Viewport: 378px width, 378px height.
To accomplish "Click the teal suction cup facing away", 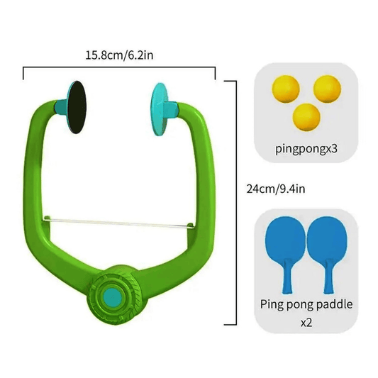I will (x=160, y=104).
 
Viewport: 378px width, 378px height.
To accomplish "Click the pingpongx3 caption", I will (x=305, y=149).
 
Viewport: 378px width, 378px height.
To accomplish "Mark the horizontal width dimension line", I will (x=119, y=69).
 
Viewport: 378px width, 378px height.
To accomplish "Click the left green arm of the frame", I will (x=43, y=177).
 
